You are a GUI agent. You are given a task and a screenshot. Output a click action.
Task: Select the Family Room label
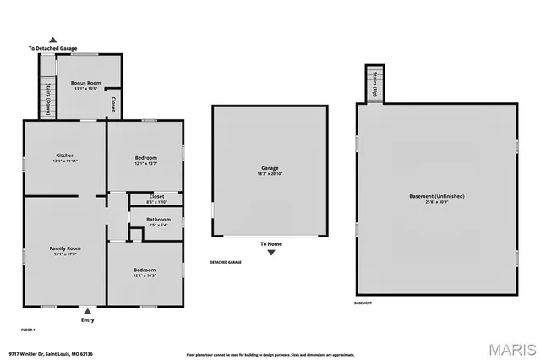65,248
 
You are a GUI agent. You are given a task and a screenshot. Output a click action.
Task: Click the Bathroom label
156,221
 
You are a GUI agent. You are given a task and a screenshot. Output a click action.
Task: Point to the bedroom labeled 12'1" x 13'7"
145,158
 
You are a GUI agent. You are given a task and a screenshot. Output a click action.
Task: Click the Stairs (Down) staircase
49,98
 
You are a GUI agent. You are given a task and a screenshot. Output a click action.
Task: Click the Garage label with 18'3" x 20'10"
269,171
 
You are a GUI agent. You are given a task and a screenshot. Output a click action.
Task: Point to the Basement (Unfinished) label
437,197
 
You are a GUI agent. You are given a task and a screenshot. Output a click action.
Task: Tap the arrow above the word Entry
88,312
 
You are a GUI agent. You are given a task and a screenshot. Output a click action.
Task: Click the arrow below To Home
270,253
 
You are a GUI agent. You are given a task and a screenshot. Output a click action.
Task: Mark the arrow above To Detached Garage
53,40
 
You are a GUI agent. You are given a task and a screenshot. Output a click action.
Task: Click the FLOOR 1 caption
29,328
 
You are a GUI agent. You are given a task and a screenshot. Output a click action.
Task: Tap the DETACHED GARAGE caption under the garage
226,262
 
